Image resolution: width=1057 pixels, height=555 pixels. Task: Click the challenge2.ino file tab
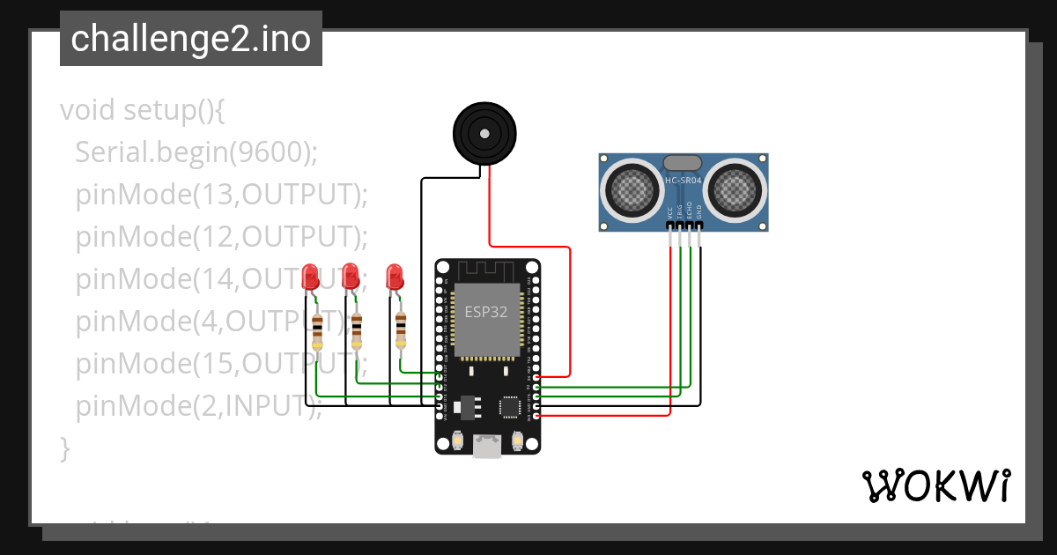tap(191, 39)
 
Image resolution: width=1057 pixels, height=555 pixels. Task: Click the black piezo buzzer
tap(482, 133)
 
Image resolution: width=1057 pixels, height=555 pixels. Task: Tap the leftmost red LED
tap(310, 277)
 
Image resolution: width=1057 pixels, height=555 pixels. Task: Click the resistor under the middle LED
tap(357, 330)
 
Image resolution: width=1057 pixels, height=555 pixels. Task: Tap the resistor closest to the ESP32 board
tap(401, 330)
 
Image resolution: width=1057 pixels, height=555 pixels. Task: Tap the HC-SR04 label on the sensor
tap(683, 181)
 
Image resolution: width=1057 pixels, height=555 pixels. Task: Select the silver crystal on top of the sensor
tap(683, 162)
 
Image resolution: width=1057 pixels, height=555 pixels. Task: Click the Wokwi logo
tap(935, 485)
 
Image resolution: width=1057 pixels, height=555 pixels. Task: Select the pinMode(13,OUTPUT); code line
tap(220, 194)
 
